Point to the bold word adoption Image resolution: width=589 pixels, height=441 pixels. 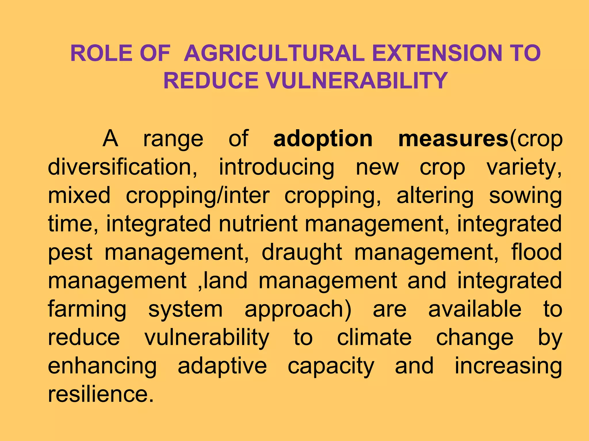click(x=323, y=139)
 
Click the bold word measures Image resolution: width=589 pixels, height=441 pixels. click(x=454, y=139)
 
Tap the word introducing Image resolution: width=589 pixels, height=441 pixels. click(x=276, y=167)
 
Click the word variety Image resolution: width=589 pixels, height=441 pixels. click(x=524, y=167)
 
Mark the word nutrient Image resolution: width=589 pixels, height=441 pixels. click(x=258, y=224)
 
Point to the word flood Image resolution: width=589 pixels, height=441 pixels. click(x=537, y=252)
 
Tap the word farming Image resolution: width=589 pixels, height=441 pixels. click(x=87, y=310)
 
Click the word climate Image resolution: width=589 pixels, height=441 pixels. click(x=374, y=337)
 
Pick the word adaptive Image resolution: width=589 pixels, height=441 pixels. click(x=222, y=366)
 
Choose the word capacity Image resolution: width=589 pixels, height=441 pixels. click(x=331, y=366)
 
